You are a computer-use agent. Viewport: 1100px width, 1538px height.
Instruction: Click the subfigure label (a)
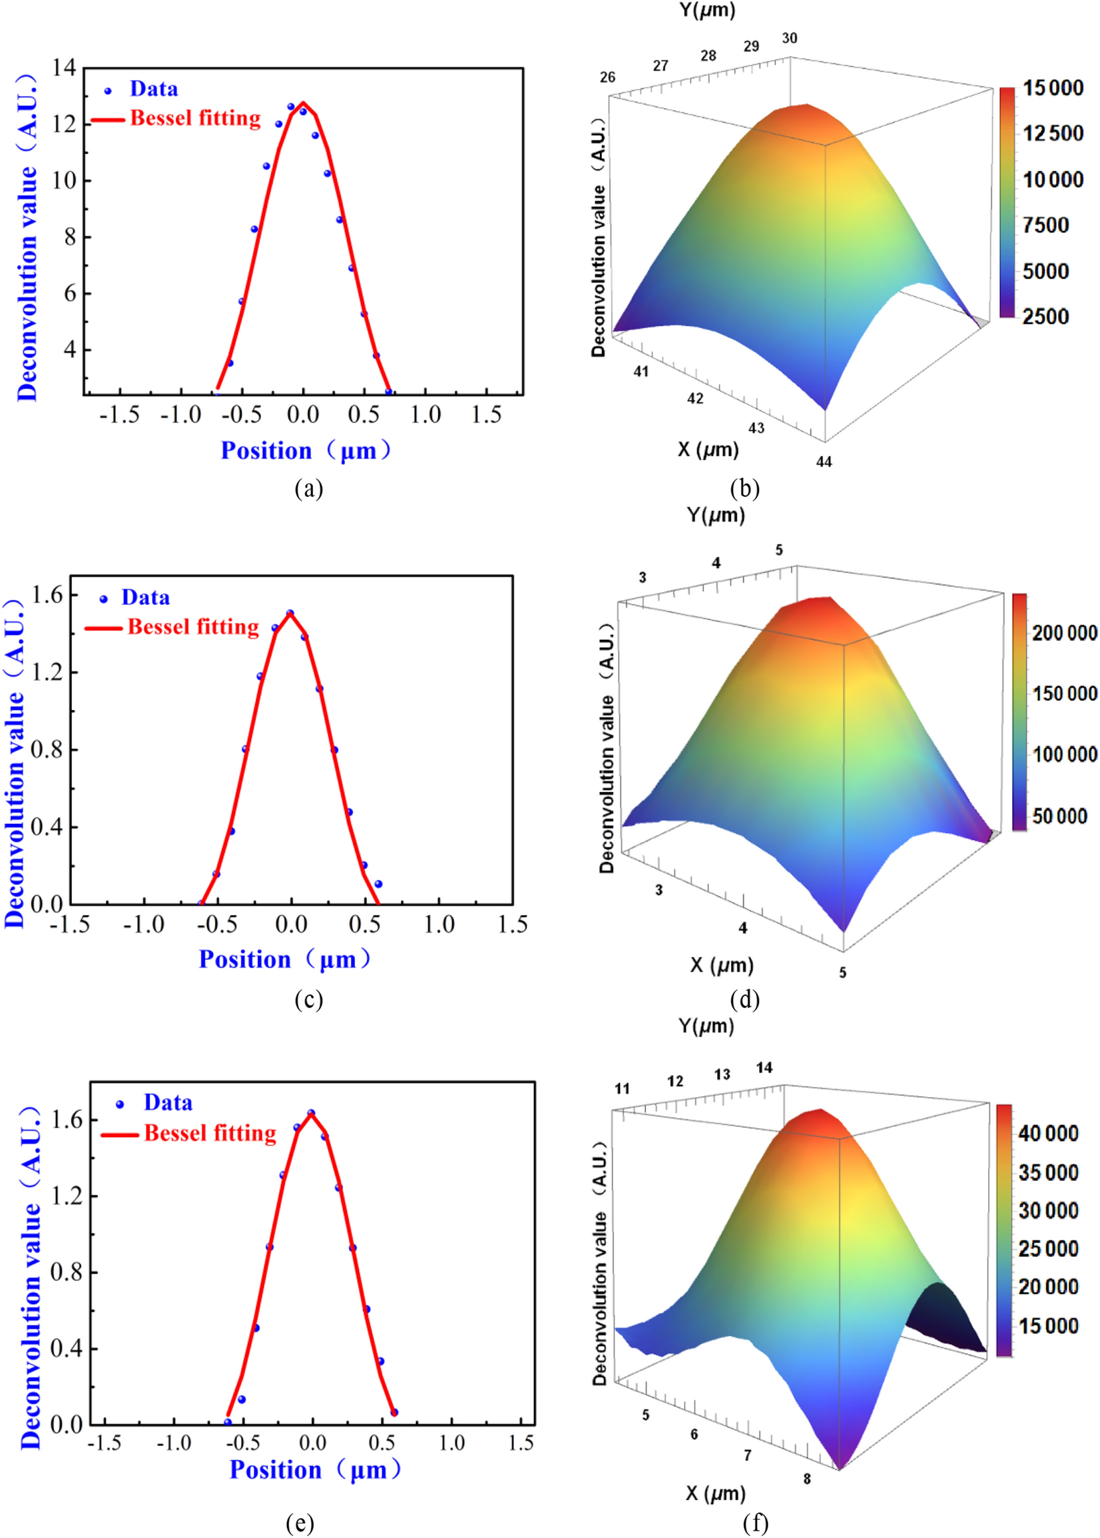click(x=309, y=489)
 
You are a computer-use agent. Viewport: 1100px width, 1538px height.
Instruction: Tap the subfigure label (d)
click(x=744, y=999)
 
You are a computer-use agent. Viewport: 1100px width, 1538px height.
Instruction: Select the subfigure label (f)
click(x=754, y=1523)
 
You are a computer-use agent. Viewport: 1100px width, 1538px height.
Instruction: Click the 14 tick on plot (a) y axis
click(x=65, y=67)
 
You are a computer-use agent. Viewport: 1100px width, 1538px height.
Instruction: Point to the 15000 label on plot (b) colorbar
click(x=1053, y=87)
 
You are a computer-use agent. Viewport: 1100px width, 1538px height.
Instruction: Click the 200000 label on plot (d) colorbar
click(x=1064, y=633)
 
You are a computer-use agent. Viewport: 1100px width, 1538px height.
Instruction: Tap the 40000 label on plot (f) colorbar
click(x=1048, y=1134)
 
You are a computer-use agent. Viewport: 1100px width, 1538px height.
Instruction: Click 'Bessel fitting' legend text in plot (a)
click(x=195, y=118)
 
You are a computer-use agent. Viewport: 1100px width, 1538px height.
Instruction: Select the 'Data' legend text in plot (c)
click(x=146, y=597)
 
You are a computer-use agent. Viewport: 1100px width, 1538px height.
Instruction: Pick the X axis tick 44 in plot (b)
click(x=824, y=462)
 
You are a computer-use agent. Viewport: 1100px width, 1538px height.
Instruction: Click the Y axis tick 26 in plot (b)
click(x=607, y=77)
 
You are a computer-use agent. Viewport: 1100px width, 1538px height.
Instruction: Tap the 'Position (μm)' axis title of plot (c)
click(x=284, y=959)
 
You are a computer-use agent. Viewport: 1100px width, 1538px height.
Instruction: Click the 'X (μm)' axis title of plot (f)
click(x=715, y=1493)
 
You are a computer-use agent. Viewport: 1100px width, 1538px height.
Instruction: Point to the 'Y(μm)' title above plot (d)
click(x=715, y=515)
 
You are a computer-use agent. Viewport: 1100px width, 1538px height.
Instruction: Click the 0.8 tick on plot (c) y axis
click(x=46, y=749)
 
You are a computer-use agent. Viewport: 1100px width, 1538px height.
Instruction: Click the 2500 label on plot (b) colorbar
click(x=1045, y=316)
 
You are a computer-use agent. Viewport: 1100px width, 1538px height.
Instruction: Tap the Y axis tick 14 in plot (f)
click(x=764, y=1068)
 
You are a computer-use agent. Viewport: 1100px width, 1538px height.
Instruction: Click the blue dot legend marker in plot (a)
click(x=108, y=90)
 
